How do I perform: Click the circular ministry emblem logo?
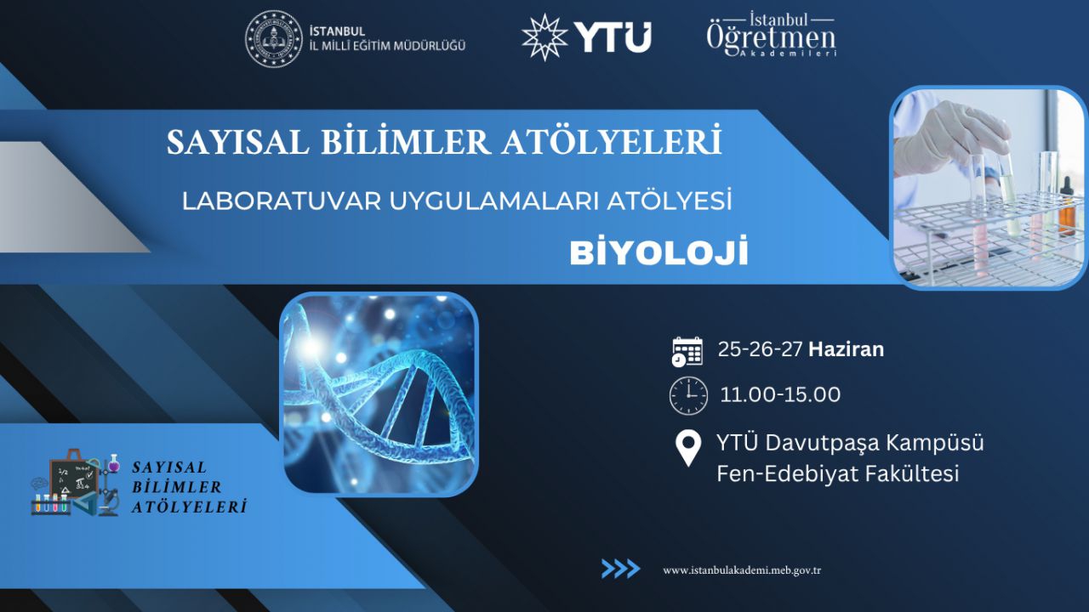click(274, 38)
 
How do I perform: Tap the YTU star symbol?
click(544, 37)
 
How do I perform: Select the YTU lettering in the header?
click(613, 37)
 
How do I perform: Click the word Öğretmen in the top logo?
click(772, 38)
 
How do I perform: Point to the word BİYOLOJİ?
click(659, 252)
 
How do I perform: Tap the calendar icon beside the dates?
click(687, 351)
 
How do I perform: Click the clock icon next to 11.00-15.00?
click(688, 395)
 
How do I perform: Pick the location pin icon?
click(688, 448)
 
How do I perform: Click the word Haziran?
click(846, 349)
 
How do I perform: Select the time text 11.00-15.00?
click(780, 395)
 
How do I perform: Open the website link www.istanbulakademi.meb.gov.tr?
click(742, 570)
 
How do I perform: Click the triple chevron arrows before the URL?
click(620, 569)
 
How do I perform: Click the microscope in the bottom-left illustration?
click(110, 501)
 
